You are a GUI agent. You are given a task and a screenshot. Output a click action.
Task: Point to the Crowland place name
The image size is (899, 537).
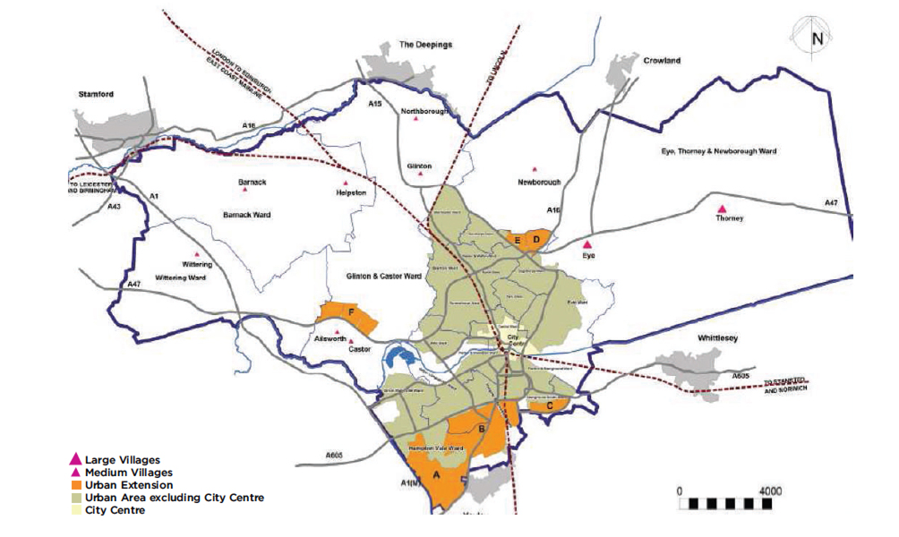[x=662, y=61]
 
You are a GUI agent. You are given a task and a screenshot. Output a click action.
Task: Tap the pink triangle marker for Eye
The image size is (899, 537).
[x=587, y=243]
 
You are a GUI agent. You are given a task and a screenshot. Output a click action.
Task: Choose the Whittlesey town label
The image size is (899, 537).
[x=723, y=339]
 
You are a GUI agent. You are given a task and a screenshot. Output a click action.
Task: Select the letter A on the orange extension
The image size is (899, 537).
[x=436, y=475]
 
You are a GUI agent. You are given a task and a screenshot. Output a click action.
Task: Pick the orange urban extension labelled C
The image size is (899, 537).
[x=548, y=405]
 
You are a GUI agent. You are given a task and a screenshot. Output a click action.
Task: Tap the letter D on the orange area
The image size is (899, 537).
[x=535, y=239]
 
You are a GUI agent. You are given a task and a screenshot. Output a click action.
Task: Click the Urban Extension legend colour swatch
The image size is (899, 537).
[x=77, y=485]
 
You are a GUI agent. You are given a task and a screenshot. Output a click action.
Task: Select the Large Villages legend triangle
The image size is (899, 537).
[x=77, y=460]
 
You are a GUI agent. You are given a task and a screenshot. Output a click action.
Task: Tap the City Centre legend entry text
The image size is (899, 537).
[x=114, y=510]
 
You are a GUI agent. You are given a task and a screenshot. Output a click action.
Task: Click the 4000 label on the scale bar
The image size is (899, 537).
[x=769, y=491]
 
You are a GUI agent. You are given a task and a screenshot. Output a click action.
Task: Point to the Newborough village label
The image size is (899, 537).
[x=538, y=182]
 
